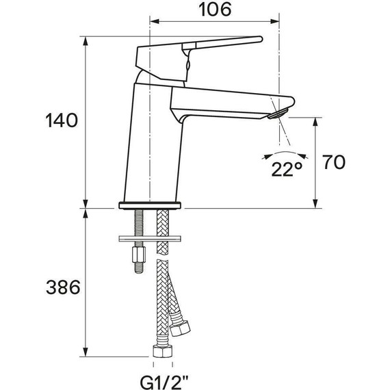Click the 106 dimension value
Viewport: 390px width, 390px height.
tap(213, 10)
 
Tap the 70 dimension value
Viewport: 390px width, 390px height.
tap(334, 162)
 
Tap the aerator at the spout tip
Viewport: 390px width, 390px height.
tap(277, 112)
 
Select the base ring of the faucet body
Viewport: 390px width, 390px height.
tap(151, 204)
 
